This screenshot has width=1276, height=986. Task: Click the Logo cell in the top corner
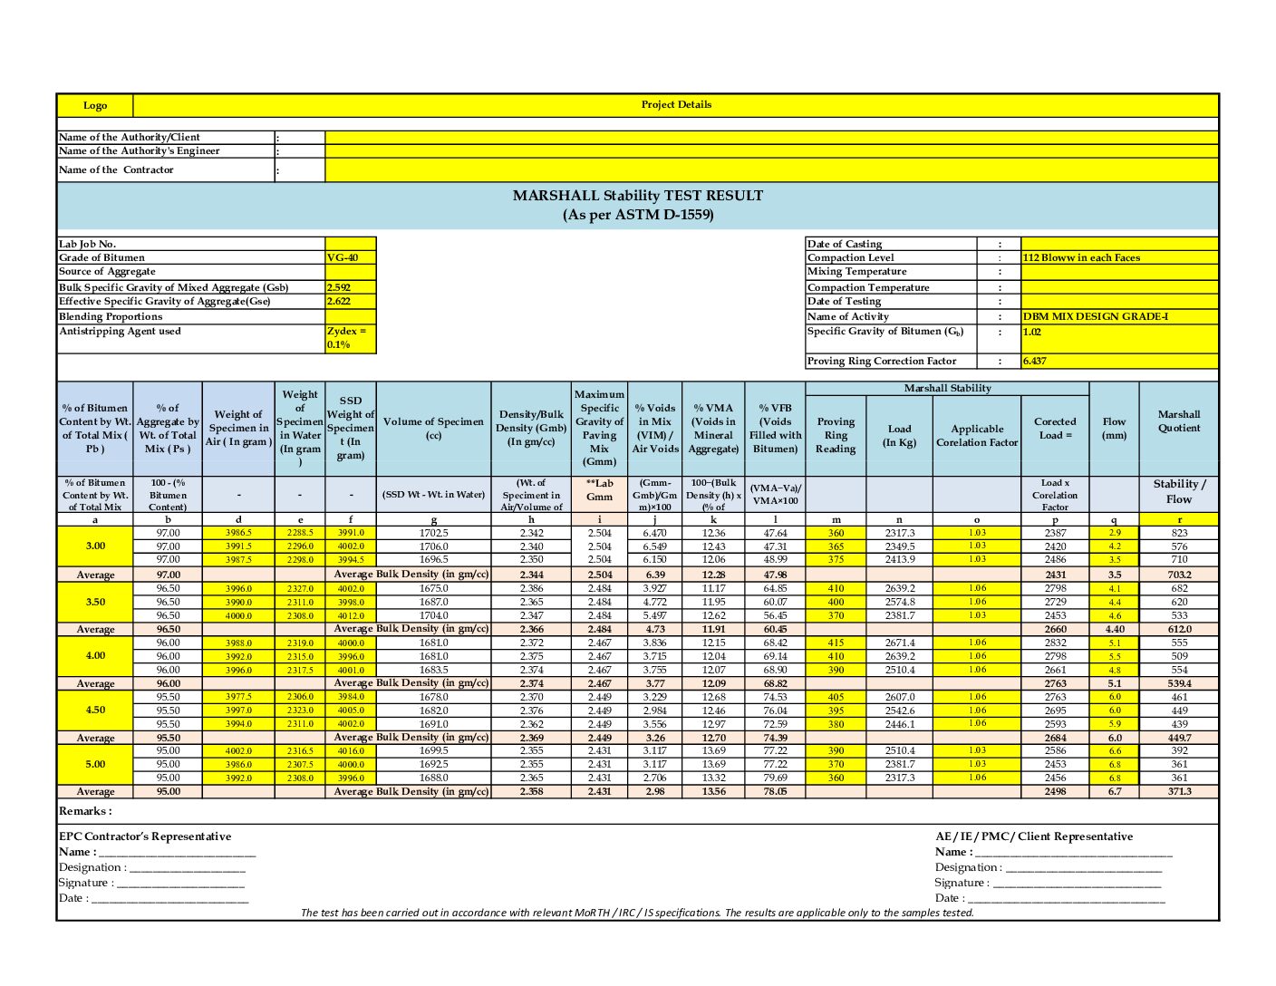(95, 106)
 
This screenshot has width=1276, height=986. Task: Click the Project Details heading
(676, 105)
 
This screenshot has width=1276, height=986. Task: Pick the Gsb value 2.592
(339, 287)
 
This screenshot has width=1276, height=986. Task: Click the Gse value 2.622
(339, 302)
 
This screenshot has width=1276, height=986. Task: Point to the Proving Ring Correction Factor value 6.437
(1035, 361)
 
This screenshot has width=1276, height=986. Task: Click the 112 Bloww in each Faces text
(1081, 258)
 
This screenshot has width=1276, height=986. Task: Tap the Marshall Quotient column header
(1178, 421)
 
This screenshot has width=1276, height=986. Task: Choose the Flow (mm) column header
(1114, 428)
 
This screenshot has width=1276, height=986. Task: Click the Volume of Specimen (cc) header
(433, 428)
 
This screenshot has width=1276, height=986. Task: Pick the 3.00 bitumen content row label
(95, 546)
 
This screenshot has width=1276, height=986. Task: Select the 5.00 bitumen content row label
(95, 764)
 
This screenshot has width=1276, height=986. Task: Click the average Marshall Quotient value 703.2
(1179, 575)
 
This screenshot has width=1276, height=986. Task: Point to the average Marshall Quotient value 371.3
(1179, 792)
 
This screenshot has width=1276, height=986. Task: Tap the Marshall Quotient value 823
(1179, 533)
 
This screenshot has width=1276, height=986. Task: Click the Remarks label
(85, 811)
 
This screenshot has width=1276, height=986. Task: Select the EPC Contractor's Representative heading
(145, 836)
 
